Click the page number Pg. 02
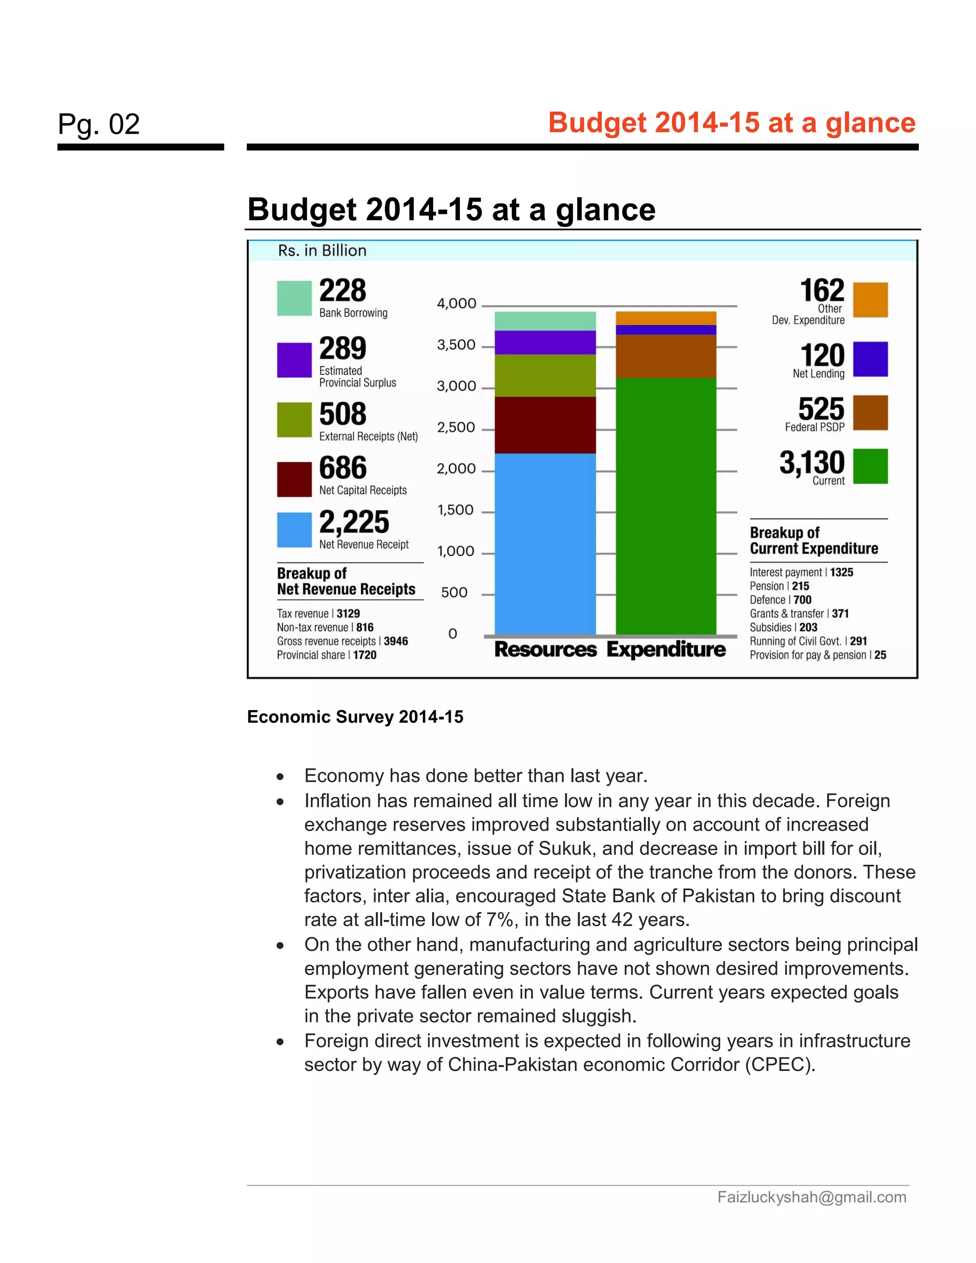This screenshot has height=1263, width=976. (99, 124)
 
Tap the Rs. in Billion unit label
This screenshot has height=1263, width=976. (322, 250)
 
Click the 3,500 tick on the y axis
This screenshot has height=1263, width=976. (456, 345)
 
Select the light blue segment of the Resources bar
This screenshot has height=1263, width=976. (545, 544)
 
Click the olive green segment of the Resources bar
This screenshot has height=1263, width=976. (545, 375)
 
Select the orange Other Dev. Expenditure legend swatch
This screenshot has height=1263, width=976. (870, 300)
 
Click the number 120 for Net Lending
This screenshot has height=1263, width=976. (822, 355)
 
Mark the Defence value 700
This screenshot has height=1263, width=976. (803, 600)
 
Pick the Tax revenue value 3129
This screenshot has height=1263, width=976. (348, 613)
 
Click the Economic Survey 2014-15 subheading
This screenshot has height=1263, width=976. (355, 717)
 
